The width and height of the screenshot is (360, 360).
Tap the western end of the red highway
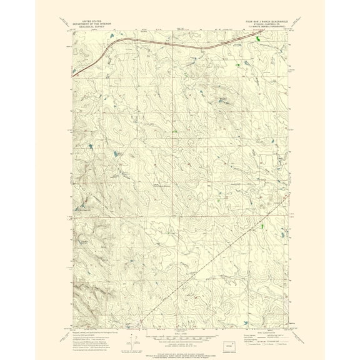[74, 71]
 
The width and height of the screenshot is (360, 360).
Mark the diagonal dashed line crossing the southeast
[212, 262]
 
